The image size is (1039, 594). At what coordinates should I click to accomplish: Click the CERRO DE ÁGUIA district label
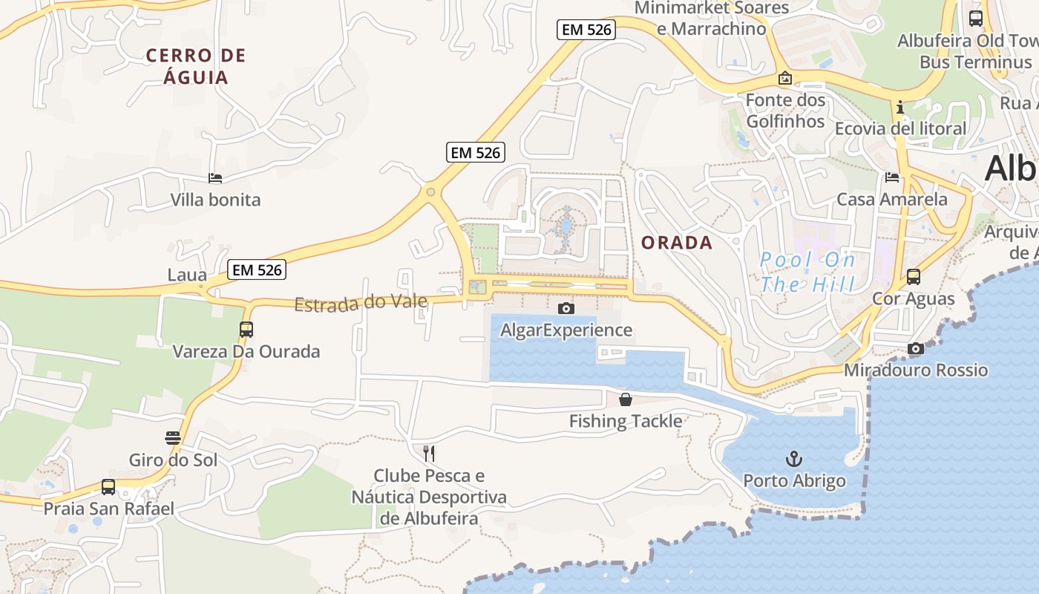[x=196, y=66]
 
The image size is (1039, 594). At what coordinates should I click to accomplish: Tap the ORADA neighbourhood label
[x=677, y=243]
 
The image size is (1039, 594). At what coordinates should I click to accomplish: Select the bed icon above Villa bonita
[x=215, y=178]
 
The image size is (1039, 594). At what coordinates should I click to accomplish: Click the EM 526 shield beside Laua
[x=257, y=270]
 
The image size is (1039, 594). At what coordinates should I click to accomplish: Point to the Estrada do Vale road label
[x=361, y=303]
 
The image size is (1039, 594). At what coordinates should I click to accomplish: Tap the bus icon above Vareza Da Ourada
[x=246, y=329]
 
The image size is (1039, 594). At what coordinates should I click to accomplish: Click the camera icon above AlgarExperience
[x=566, y=308]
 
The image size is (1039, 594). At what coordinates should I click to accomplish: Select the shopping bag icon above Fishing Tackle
[x=626, y=399]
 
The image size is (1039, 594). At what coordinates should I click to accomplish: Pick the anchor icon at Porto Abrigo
[x=794, y=458]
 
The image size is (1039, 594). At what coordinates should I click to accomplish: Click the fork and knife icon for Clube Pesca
[x=429, y=453]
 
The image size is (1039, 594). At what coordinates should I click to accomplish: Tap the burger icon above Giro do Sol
[x=173, y=438]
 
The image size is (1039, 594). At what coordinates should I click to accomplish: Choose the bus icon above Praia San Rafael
[x=108, y=487]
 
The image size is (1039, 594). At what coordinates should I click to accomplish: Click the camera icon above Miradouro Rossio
[x=916, y=348]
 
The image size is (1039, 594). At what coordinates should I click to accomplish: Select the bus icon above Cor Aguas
[x=914, y=277]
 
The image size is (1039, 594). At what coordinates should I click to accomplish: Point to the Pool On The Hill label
[x=807, y=272]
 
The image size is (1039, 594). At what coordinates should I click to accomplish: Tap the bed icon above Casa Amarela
[x=892, y=177]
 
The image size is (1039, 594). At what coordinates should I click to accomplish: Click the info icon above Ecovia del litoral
[x=900, y=107]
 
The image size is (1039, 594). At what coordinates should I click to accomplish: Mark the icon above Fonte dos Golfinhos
[x=784, y=78]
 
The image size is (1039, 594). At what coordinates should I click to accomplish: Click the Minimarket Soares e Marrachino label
[x=712, y=19]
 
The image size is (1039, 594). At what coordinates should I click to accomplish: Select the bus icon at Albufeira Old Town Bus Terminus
[x=976, y=19]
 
